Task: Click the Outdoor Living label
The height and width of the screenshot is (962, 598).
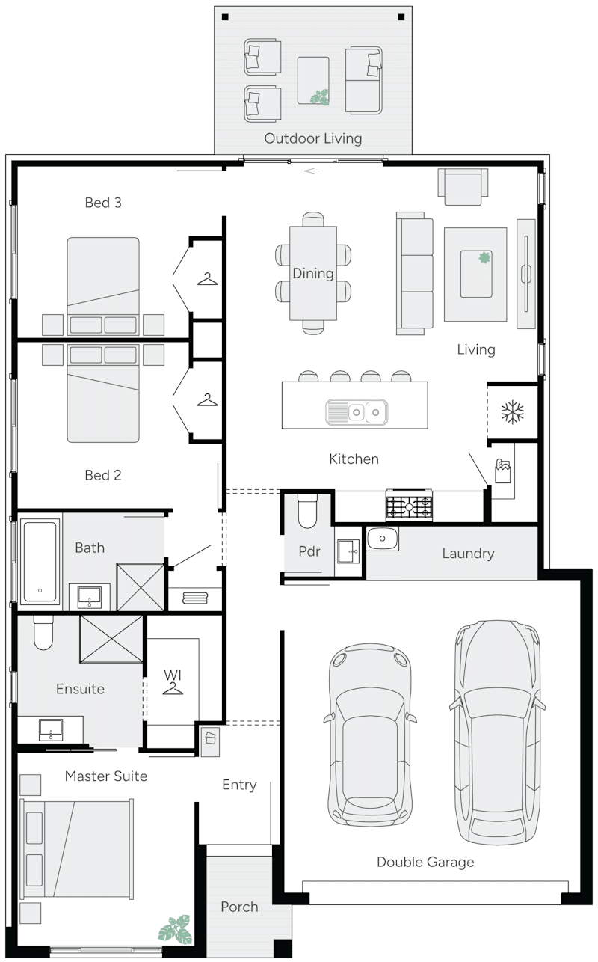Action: coord(312,138)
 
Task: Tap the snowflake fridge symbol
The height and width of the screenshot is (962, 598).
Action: coord(512,411)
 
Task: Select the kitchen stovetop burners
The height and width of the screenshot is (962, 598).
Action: coord(409,506)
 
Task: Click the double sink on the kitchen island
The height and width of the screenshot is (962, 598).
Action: coord(357,411)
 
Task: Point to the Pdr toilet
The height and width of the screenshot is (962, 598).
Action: coord(307,510)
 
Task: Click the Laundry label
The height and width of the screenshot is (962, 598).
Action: coord(468,554)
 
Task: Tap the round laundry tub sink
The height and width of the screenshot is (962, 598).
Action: coord(383,538)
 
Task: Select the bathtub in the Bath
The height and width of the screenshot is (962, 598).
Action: coord(40,561)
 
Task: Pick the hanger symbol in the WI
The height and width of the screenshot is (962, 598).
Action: coord(173,687)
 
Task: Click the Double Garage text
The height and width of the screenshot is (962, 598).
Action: coord(425,862)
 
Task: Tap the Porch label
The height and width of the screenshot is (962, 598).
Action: coord(239,907)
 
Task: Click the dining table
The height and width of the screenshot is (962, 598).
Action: coord(312,273)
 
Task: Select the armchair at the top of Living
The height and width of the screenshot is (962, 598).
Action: coord(463,186)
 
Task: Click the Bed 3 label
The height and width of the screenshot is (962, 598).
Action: coord(103,203)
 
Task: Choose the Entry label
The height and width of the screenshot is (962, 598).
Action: coord(239,785)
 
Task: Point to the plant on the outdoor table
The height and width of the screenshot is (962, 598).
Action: coord(321,96)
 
